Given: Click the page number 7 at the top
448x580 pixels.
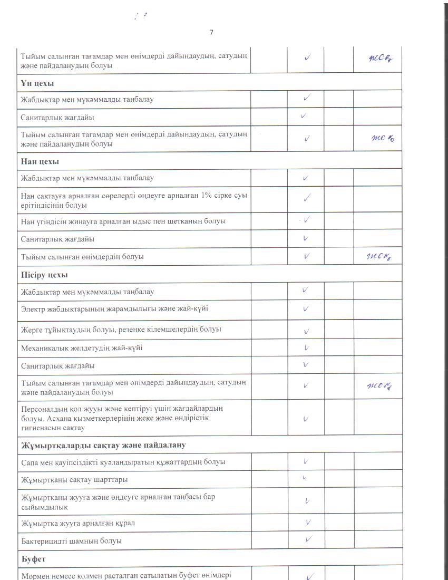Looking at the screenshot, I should (x=211, y=32).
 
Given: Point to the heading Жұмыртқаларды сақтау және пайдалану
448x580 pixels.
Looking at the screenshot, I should (x=103, y=445).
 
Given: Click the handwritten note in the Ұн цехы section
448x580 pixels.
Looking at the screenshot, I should (x=383, y=138).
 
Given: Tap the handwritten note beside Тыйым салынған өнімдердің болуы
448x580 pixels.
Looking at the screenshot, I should (x=381, y=257).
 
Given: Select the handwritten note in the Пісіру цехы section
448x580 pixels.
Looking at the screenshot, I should (x=380, y=387).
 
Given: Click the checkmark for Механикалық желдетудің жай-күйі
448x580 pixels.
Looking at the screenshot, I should (x=306, y=348).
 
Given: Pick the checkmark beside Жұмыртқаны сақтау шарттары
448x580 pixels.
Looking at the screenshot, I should (x=305, y=478).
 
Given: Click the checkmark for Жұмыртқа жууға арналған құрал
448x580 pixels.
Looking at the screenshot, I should (x=308, y=522).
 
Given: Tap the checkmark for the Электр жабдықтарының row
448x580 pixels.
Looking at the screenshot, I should (x=306, y=308).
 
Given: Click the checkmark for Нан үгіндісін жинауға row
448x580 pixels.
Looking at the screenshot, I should (x=306, y=220).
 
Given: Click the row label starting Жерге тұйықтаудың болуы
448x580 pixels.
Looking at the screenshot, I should (x=121, y=330).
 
